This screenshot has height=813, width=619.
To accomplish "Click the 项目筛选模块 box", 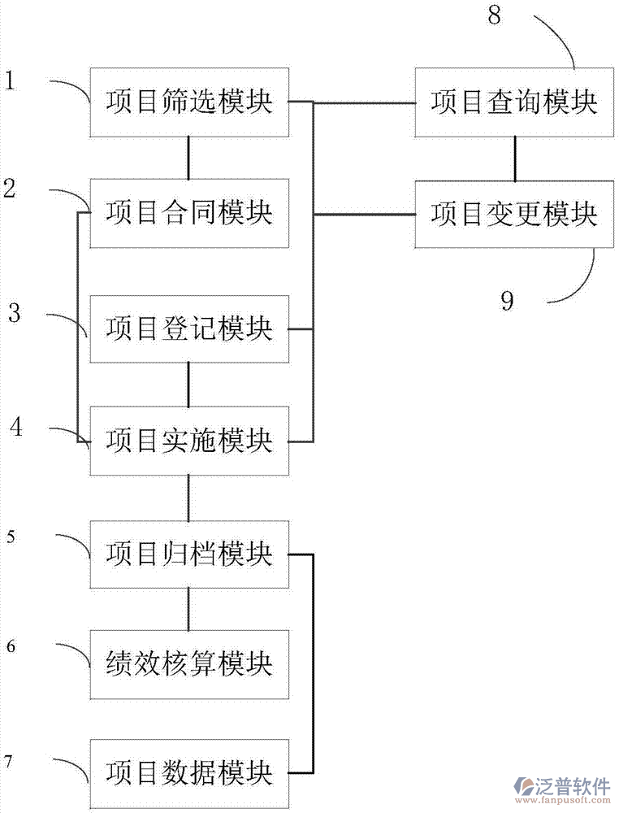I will [189, 102].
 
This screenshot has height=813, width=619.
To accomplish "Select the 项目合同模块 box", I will [189, 214].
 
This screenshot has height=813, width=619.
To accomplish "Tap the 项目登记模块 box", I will [189, 329].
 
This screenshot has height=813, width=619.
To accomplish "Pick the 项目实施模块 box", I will [189, 441].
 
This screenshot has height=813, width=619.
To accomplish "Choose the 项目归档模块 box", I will [189, 554].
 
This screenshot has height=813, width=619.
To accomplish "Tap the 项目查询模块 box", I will [513, 102].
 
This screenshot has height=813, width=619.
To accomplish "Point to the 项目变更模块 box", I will [513, 214].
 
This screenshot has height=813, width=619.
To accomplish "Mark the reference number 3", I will [14, 313].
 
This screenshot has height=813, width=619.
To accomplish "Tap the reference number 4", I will [17, 426].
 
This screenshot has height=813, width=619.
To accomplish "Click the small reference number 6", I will [11, 647].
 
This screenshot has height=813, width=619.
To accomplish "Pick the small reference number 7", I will [9, 761].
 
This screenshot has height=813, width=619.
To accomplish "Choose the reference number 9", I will [507, 302].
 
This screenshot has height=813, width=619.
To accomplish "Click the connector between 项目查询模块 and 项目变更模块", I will [513, 159].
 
